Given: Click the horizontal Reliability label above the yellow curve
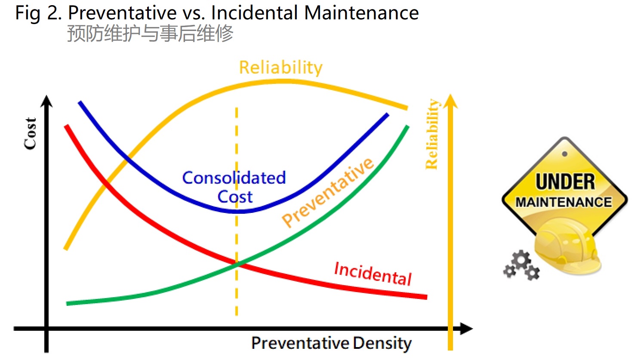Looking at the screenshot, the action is click(281, 68).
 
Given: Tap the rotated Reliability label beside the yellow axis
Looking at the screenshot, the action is click(432, 134).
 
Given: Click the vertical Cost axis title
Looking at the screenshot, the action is click(30, 133).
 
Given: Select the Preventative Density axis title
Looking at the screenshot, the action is click(331, 343).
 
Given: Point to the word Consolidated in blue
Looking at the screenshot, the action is click(234, 178).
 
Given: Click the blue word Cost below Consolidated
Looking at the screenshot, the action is click(235, 197).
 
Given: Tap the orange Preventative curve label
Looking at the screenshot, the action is click(328, 192).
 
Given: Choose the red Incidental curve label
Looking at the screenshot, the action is click(373, 274).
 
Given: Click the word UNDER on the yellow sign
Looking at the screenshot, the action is click(565, 182).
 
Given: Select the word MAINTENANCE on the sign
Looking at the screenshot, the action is click(564, 202).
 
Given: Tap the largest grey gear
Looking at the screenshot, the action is click(521, 260).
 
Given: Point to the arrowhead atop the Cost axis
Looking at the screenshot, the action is click(46, 101).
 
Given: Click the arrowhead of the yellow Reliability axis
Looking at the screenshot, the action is click(450, 101).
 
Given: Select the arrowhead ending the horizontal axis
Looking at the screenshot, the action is click(466, 329).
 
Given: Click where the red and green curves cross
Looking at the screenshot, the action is click(237, 264).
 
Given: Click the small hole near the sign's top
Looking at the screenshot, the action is click(564, 154).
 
